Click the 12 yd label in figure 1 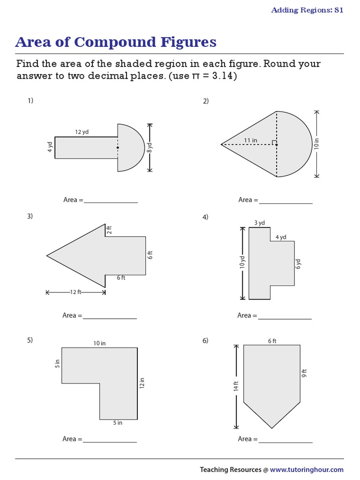(x=82, y=132)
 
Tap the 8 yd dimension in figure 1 (x=150, y=148)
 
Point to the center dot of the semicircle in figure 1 (x=118, y=148)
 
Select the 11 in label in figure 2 (x=251, y=140)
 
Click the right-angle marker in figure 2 (x=274, y=142)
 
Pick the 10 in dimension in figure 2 (x=316, y=144)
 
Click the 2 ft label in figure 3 (x=109, y=230)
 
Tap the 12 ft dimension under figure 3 (x=75, y=292)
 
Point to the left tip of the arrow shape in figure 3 (x=47, y=255)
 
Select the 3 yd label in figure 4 (x=259, y=223)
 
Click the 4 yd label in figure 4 (x=281, y=237)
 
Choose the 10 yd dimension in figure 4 (x=243, y=263)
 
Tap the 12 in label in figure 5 (x=142, y=383)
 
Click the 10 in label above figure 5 (x=99, y=343)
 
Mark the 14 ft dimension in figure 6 (x=236, y=386)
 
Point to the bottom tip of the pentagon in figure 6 (x=272, y=427)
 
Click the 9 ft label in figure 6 (x=304, y=374)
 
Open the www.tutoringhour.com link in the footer (x=307, y=469)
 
